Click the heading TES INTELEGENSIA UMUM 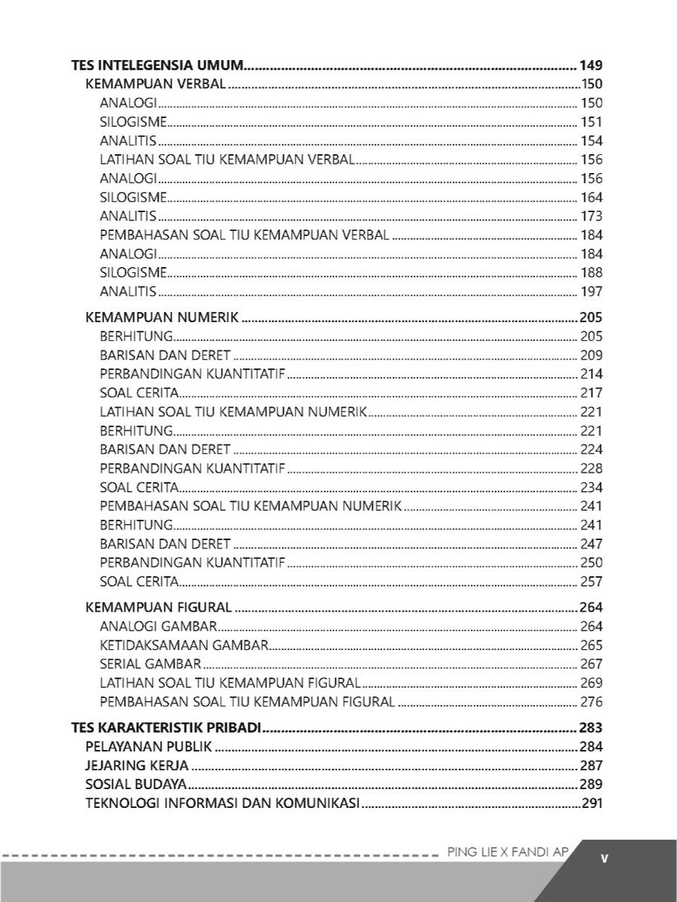coord(156,65)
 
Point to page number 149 coord(591,65)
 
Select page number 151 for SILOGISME coord(591,122)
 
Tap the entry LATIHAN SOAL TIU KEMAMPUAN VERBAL coord(227,159)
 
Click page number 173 coord(591,217)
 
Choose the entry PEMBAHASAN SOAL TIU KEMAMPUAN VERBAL coord(244,235)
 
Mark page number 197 coord(591,292)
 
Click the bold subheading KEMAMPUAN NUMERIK coord(162,317)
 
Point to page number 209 coord(591,355)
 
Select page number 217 coord(591,393)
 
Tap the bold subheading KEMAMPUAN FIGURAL coord(159,607)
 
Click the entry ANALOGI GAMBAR coord(158,626)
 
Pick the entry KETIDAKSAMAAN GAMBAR coord(184,645)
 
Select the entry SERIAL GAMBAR coord(150,664)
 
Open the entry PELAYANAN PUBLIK coord(149,747)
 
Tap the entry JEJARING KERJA coord(137,766)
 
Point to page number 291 coord(592,803)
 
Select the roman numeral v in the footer coord(605,858)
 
